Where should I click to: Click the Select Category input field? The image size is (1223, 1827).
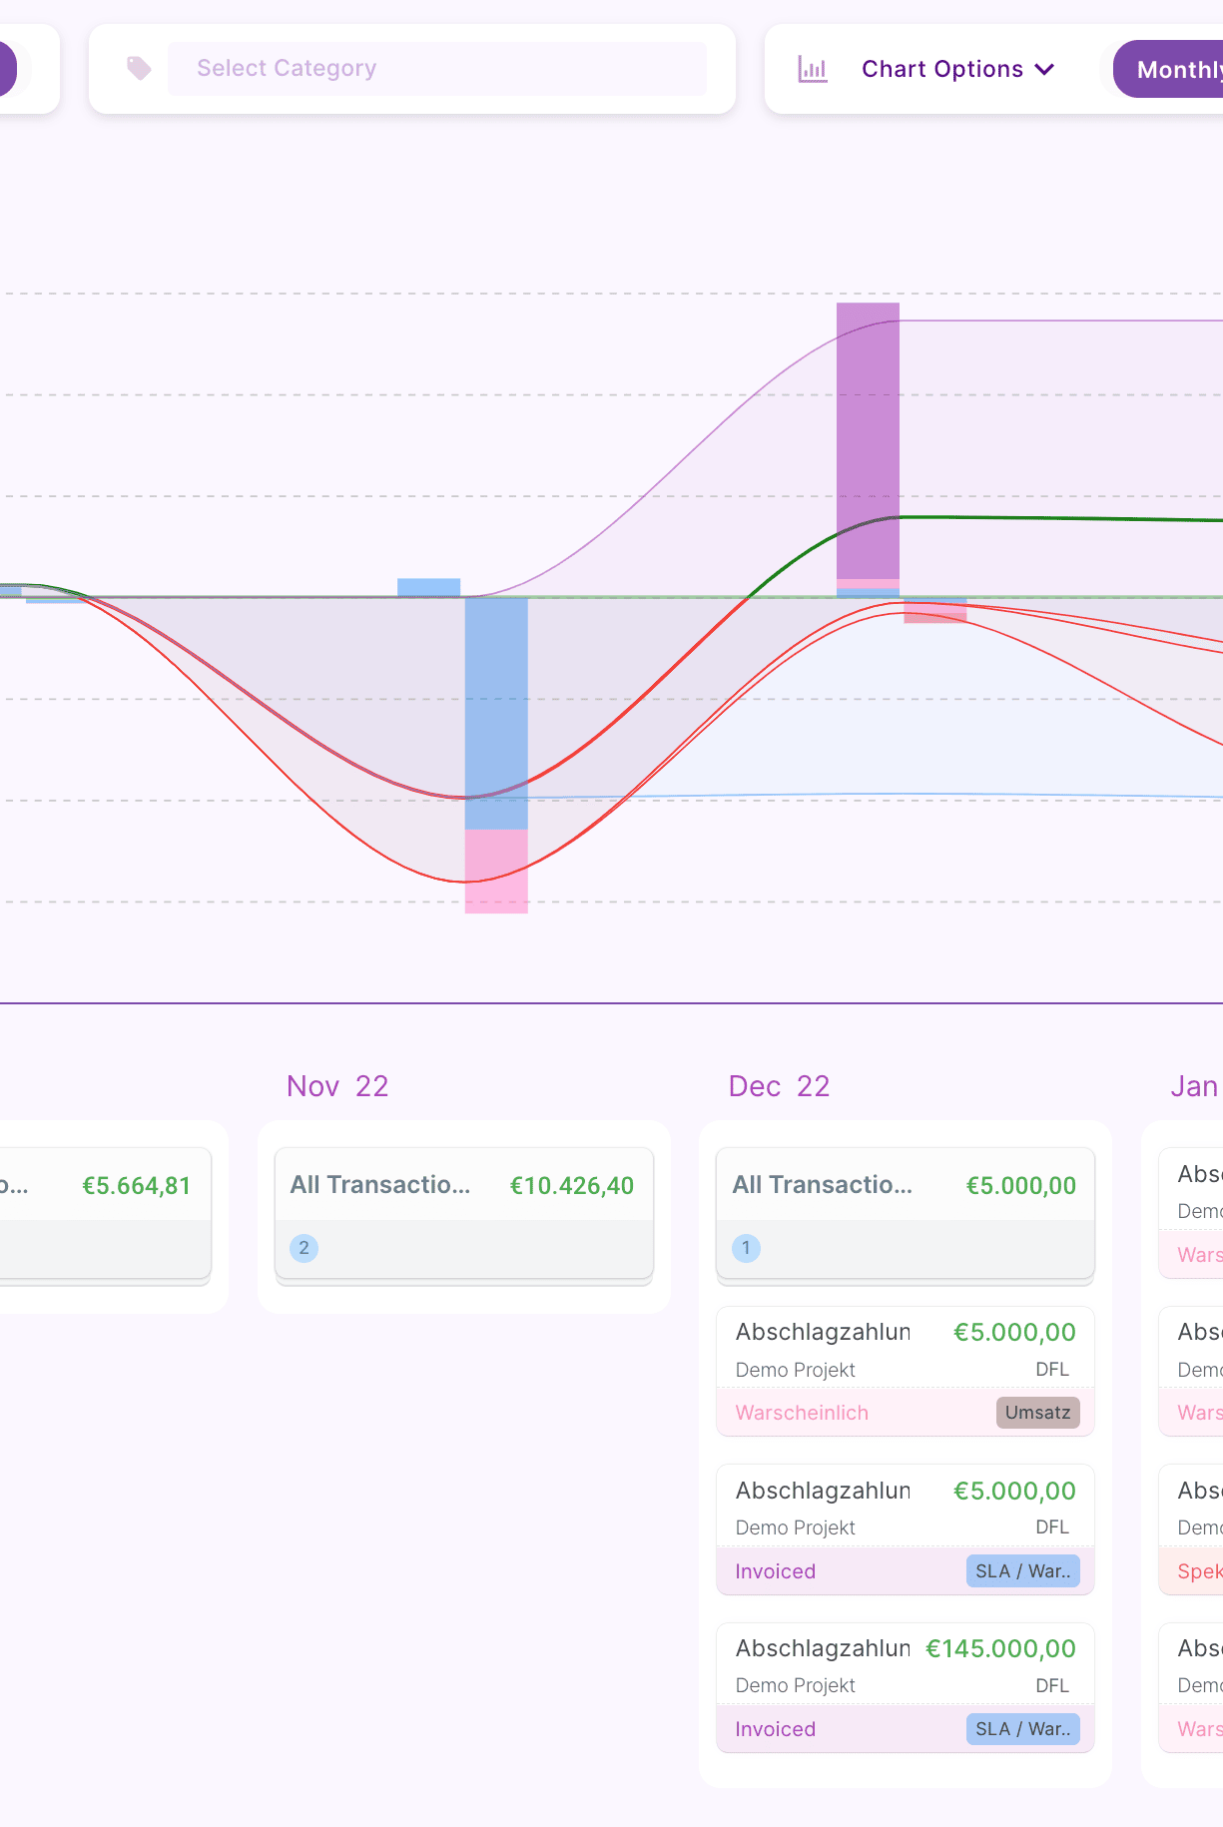436,69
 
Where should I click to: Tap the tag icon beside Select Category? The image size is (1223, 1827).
139,68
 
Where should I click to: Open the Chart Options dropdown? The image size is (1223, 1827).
956,69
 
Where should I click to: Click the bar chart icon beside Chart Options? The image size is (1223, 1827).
813,69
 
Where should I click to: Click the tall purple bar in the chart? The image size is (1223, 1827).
868,439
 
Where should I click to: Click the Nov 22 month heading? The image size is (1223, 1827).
337,1086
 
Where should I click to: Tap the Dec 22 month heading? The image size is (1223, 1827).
779,1086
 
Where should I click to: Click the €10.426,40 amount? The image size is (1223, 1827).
571,1186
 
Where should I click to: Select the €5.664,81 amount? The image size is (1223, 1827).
136,1186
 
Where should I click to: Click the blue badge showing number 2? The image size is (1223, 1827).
305,1248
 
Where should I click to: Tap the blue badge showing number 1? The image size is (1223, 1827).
746,1248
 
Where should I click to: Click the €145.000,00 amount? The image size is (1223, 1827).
1000,1648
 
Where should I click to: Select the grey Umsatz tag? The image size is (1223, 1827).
1037,1413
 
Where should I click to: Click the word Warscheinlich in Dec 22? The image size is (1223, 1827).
802,1413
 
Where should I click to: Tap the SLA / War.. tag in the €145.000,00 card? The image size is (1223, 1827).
1022,1729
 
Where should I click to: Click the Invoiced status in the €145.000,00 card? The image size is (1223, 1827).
775,1729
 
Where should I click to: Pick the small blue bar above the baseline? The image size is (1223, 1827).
428,587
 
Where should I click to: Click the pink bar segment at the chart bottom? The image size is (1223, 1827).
496,872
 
